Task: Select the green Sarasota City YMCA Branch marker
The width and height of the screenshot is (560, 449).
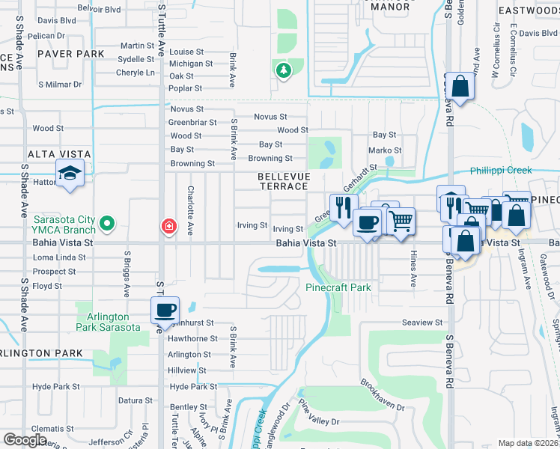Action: tap(106, 223)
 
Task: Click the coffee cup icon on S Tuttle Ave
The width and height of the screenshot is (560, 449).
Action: tap(165, 310)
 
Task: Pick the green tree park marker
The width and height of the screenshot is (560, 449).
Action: tap(283, 71)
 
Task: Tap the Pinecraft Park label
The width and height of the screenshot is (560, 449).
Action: tap(338, 287)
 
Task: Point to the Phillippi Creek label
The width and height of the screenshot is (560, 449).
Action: tap(500, 171)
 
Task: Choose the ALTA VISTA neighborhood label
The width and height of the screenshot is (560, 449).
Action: tap(59, 154)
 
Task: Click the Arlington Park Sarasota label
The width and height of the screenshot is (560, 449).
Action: tap(108, 322)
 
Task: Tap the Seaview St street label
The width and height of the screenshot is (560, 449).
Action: tap(422, 323)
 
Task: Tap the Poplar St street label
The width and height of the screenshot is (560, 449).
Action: tap(186, 88)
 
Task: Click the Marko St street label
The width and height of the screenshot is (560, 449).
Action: tap(385, 150)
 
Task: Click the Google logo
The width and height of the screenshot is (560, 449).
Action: tap(25, 439)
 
